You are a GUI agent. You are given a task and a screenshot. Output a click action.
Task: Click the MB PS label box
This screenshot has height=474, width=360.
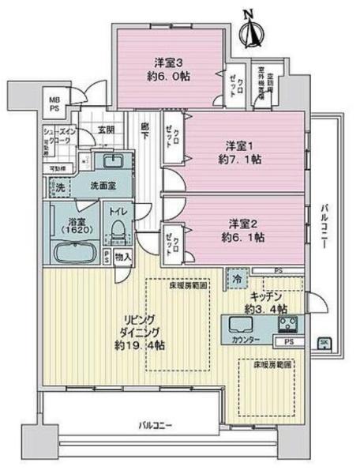(x=54, y=103)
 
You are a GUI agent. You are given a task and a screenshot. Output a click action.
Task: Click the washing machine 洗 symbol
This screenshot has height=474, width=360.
(x=58, y=188)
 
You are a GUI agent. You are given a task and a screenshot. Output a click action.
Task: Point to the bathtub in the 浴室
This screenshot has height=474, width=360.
(x=75, y=254)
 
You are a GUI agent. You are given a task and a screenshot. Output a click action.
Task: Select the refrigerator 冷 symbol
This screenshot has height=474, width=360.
(x=236, y=279)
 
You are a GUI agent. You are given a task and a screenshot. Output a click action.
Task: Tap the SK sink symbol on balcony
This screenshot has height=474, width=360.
(x=324, y=342)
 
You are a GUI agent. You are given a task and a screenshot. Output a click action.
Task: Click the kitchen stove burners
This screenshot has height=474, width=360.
(x=288, y=323)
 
